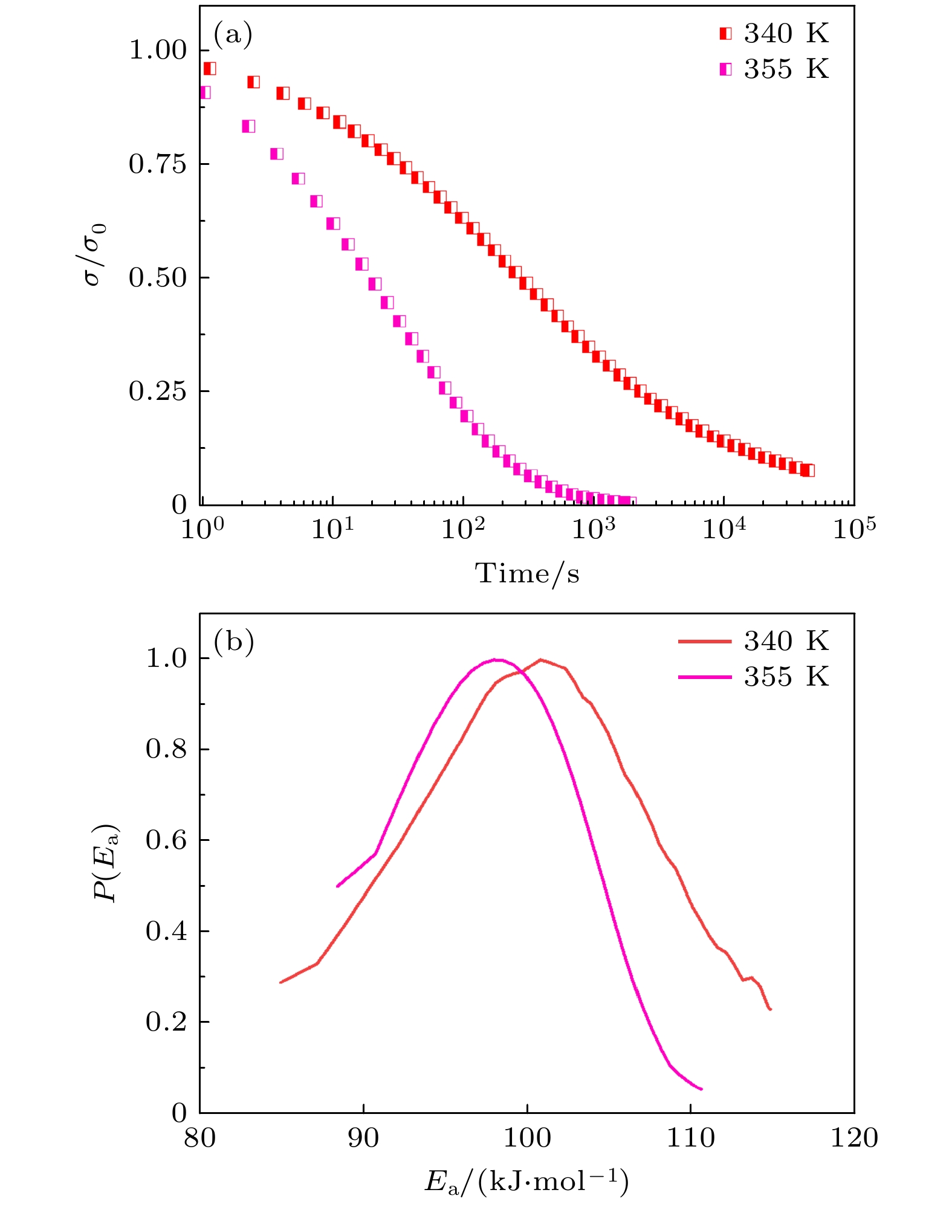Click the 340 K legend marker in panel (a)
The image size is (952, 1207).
click(725, 34)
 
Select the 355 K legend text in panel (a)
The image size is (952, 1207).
click(786, 69)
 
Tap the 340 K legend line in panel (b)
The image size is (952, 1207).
click(705, 642)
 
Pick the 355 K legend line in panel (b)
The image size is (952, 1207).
click(705, 677)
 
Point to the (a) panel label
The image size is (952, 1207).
click(233, 34)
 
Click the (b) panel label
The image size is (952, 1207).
click(233, 642)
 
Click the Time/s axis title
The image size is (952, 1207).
click(527, 573)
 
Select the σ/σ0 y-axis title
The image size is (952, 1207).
click(96, 254)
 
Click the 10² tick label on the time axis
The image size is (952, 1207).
click(462, 529)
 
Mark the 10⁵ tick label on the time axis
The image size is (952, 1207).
click(853, 529)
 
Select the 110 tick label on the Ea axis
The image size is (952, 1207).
click(690, 1138)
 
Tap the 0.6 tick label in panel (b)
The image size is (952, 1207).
click(166, 840)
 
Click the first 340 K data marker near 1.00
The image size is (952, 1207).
click(209, 68)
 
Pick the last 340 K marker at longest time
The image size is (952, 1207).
click(808, 470)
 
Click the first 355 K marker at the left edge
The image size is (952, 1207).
click(204, 92)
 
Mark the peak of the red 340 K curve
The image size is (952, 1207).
click(540, 659)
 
